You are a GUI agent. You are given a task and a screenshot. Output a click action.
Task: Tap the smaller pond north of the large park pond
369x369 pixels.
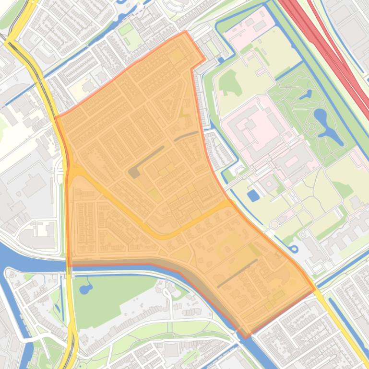[306, 95]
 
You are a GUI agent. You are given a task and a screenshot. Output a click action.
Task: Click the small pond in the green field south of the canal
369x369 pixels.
[85, 288]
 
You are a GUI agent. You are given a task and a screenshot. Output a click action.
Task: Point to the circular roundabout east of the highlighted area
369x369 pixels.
[274, 224]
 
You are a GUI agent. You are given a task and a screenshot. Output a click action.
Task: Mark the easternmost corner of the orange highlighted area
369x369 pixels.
[315, 289]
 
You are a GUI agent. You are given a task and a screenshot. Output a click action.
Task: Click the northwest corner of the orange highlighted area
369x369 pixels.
[56, 116]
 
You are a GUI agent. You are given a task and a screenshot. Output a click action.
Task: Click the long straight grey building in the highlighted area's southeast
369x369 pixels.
[238, 274]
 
